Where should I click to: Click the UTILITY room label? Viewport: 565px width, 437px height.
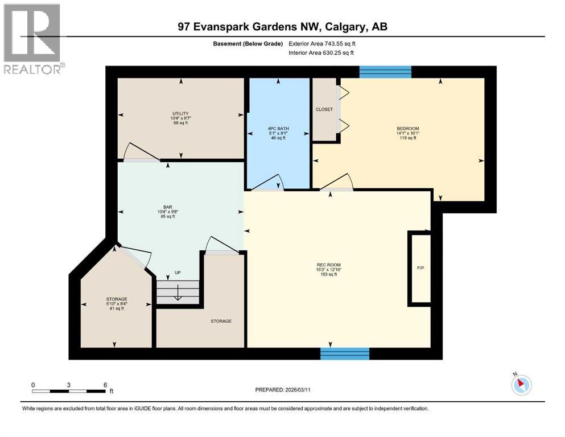[x=180, y=113]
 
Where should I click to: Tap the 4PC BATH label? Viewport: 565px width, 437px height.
[x=279, y=129]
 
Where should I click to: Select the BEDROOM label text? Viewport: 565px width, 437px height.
[x=407, y=129]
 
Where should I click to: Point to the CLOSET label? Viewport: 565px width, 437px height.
[x=324, y=109]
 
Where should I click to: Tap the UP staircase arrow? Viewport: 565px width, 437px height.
[x=178, y=292]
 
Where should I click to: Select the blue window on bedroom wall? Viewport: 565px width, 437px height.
[x=385, y=71]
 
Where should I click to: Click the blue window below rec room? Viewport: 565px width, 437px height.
[x=344, y=353]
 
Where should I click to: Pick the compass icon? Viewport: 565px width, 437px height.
[x=521, y=385]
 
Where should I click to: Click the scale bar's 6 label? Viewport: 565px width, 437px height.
[x=105, y=385]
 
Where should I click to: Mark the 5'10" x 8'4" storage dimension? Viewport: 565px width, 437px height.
[x=116, y=304]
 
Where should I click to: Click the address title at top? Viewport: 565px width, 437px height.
[x=282, y=26]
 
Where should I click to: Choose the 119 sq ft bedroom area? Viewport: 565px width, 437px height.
[x=407, y=138]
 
